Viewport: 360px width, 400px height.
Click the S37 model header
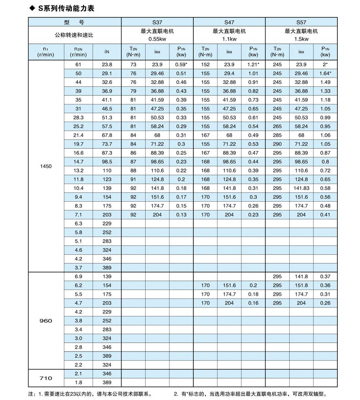pos(157,22)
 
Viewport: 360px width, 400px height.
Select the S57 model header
pos(301,22)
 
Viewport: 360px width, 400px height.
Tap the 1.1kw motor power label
pos(229,39)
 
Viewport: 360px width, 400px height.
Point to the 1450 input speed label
pos(46,166)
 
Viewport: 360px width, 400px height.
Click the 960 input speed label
pos(46,320)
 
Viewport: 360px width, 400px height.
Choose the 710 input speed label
pos(46,378)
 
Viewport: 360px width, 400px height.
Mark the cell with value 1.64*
pos(325,74)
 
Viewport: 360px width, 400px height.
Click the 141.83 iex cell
pos(301,188)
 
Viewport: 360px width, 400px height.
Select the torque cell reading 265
pos(277,126)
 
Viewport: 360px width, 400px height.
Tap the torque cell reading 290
pos(277,144)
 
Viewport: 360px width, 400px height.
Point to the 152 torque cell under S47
pos(205,65)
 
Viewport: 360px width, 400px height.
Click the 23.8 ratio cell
pos(107,65)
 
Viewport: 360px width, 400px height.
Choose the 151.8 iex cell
pos(301,285)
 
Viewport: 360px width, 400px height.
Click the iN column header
pos(107,52)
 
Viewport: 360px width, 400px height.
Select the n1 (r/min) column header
pos(46,52)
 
